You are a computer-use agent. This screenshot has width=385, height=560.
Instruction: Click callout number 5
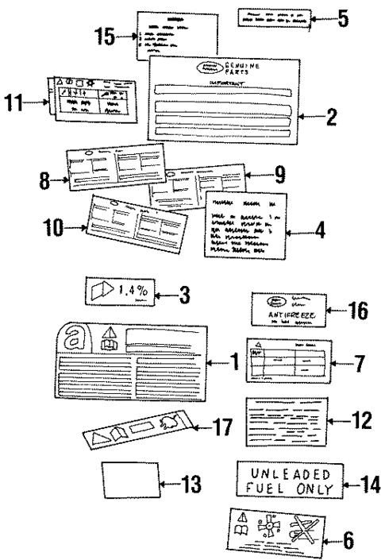(x=342, y=17)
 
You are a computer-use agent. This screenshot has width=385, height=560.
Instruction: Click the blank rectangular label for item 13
(x=127, y=480)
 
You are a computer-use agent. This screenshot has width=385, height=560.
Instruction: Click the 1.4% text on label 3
(x=132, y=291)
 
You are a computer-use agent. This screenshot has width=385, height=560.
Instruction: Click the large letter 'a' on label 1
(x=74, y=338)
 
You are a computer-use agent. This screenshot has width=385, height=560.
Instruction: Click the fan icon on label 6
(x=273, y=528)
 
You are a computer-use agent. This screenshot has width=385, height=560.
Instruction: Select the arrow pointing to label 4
(x=302, y=234)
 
